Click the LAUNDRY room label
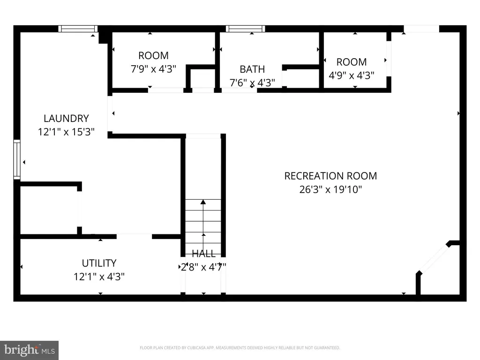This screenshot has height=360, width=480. click(x=66, y=118)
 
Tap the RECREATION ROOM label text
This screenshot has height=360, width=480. click(x=330, y=176)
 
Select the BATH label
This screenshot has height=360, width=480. click(x=252, y=69)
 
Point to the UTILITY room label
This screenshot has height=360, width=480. click(x=99, y=263)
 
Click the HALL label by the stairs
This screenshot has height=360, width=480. click(x=203, y=254)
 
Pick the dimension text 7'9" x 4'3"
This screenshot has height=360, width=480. click(x=153, y=69)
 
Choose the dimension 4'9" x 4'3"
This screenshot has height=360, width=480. click(x=352, y=75)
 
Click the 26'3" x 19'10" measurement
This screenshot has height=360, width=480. click(x=330, y=189)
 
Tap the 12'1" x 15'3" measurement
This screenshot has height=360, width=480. click(x=66, y=132)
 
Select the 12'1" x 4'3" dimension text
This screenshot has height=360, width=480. click(x=99, y=277)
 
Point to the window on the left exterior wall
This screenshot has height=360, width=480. click(x=17, y=159)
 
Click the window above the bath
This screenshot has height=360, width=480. click(x=246, y=29)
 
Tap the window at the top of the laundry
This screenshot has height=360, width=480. click(x=78, y=29)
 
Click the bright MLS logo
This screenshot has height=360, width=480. click(x=30, y=350)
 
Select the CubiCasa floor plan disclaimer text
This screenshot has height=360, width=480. click(x=240, y=348)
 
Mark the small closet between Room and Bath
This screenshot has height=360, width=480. click(x=202, y=79)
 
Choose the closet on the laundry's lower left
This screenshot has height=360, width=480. click(x=49, y=210)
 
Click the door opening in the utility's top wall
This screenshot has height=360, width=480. click(x=134, y=236)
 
